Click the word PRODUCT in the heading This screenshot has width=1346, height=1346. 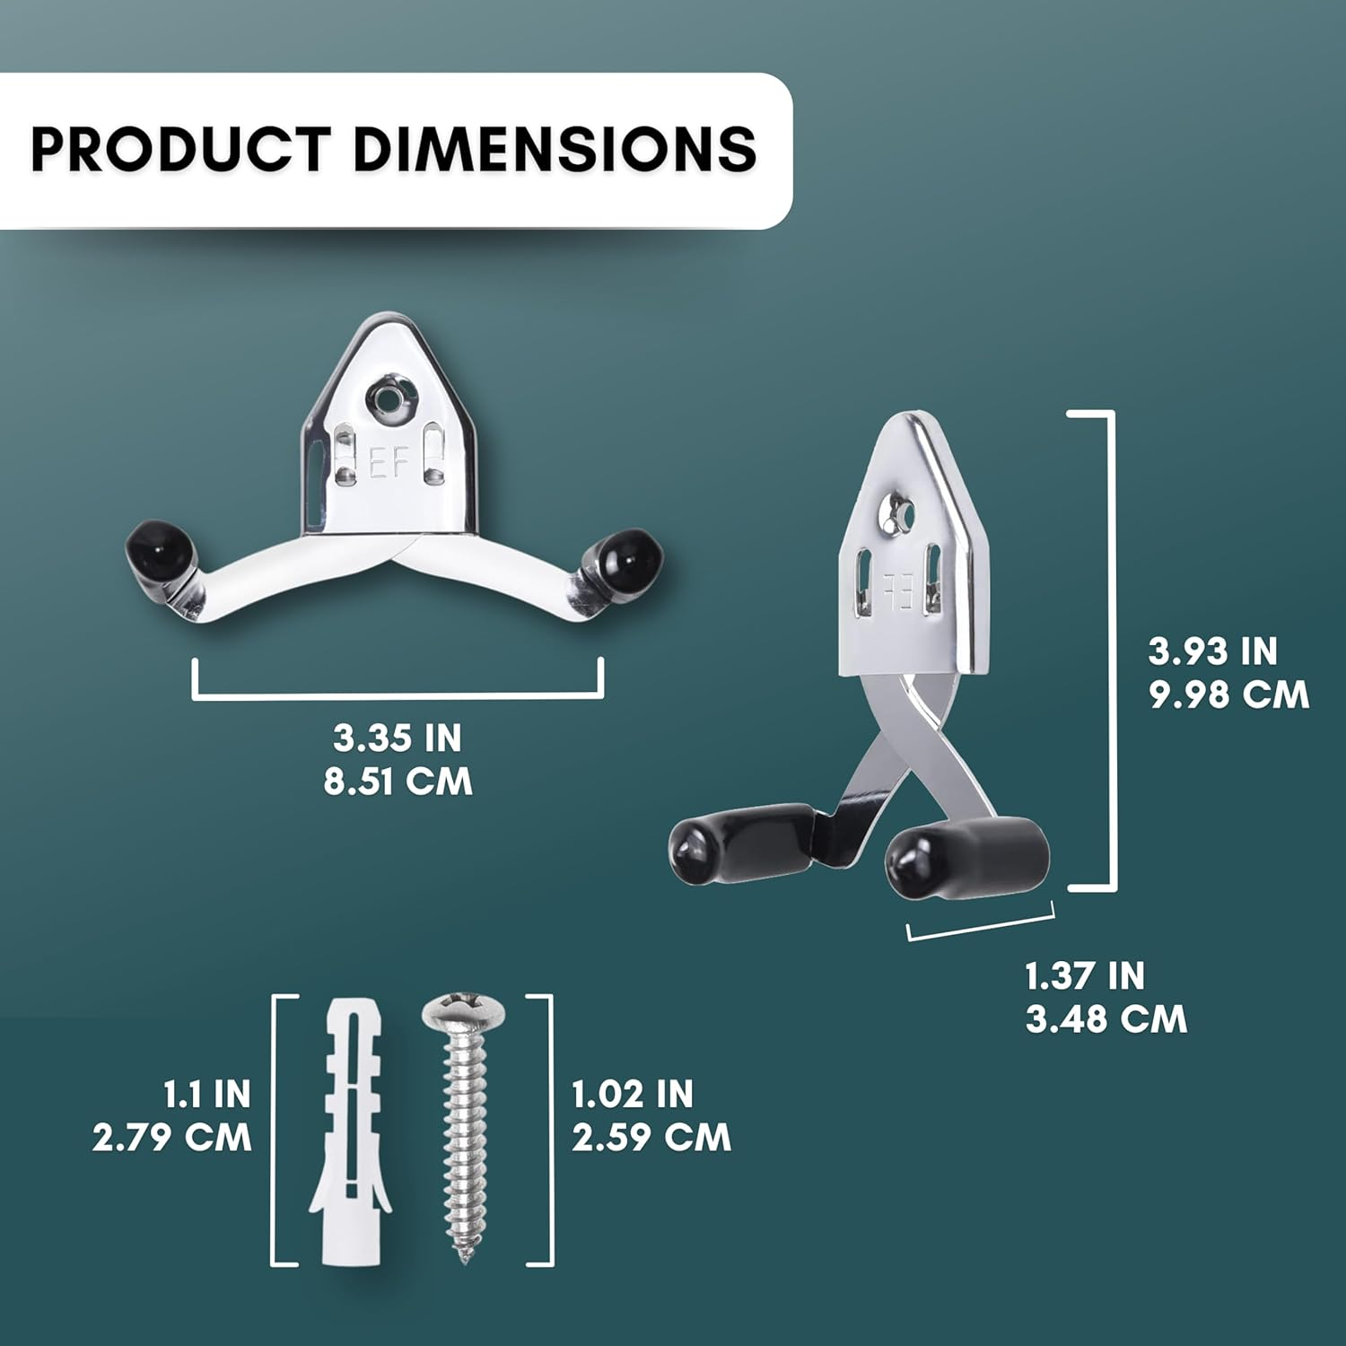tap(179, 149)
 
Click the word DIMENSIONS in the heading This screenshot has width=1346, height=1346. tap(555, 149)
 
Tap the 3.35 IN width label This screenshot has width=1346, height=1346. tap(398, 739)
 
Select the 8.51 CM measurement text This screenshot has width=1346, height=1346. tap(398, 781)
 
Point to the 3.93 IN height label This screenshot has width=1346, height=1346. tap(1212, 651)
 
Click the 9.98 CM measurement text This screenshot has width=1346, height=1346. tap(1228, 695)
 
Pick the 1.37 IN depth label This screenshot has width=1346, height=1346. tap(1084, 976)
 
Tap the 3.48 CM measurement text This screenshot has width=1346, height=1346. tap(1106, 1019)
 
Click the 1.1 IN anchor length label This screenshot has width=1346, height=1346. tap(206, 1095)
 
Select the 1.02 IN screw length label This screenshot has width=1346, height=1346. tap(633, 1095)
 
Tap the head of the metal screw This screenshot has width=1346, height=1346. tap(463, 1011)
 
